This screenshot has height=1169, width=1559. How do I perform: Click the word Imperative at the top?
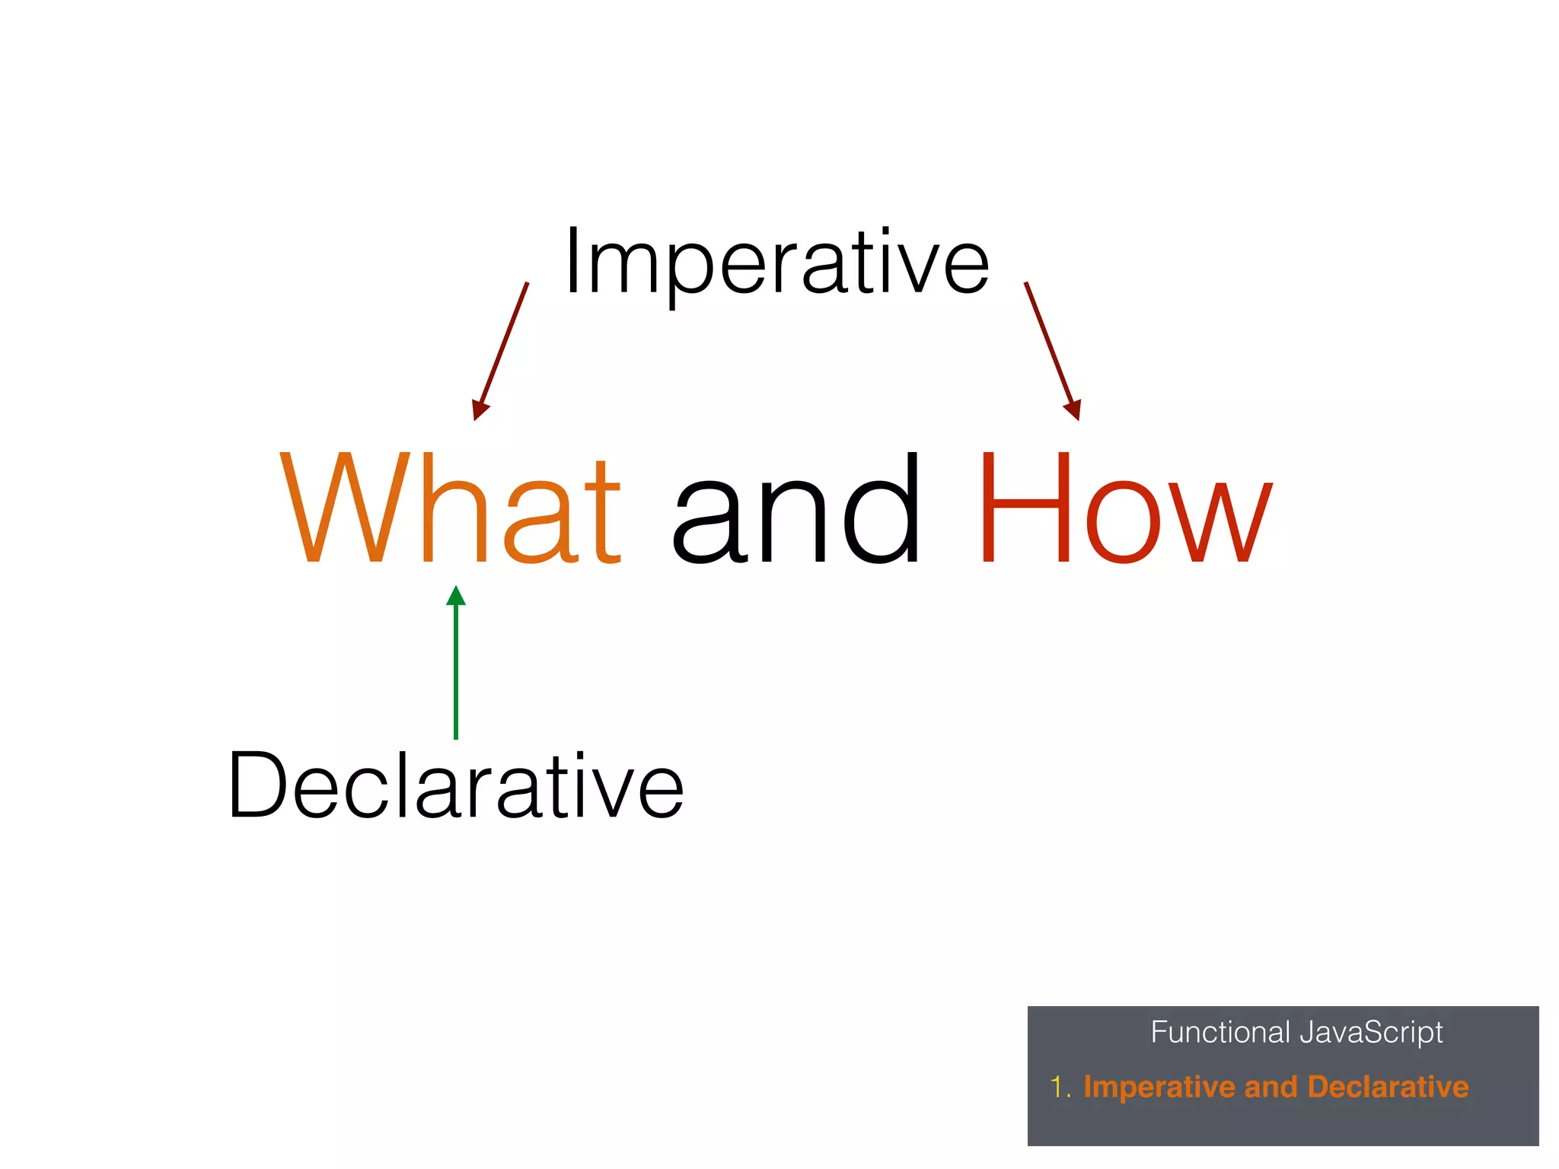(776, 263)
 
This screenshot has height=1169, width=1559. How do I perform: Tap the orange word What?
(451, 508)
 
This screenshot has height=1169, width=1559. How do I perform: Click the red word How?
(1124, 508)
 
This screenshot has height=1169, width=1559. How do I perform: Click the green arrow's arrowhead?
(456, 596)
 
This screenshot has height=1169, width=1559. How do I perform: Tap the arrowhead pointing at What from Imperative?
(479, 410)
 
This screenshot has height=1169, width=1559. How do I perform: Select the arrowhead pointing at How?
(1073, 410)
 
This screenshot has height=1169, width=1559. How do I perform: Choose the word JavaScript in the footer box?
(1372, 1033)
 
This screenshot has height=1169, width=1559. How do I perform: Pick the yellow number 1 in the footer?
(1057, 1087)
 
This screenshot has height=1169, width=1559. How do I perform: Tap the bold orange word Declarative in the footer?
(1388, 1087)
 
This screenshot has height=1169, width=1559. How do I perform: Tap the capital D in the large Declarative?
(257, 785)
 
